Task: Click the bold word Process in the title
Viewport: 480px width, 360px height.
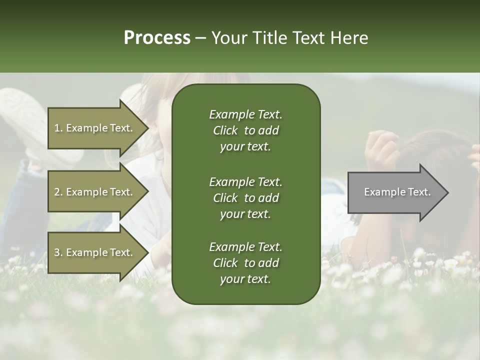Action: click(157, 38)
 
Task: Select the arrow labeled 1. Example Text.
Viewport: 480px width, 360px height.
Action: click(95, 128)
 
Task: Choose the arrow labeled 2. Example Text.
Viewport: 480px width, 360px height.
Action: click(95, 192)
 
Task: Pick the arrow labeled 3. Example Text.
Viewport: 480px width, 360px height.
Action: click(95, 252)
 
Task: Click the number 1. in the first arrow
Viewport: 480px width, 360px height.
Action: click(58, 128)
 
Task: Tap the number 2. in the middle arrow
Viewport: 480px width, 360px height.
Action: click(58, 192)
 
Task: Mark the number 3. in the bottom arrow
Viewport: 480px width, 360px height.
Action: click(58, 252)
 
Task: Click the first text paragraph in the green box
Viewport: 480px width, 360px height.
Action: click(245, 130)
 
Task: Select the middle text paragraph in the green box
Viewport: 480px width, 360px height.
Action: click(245, 197)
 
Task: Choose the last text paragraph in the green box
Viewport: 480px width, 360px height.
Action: click(245, 263)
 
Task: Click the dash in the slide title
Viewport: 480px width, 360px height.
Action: click(200, 38)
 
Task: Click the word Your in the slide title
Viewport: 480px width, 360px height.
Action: click(227, 38)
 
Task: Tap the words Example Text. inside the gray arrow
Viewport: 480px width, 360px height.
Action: click(397, 192)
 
